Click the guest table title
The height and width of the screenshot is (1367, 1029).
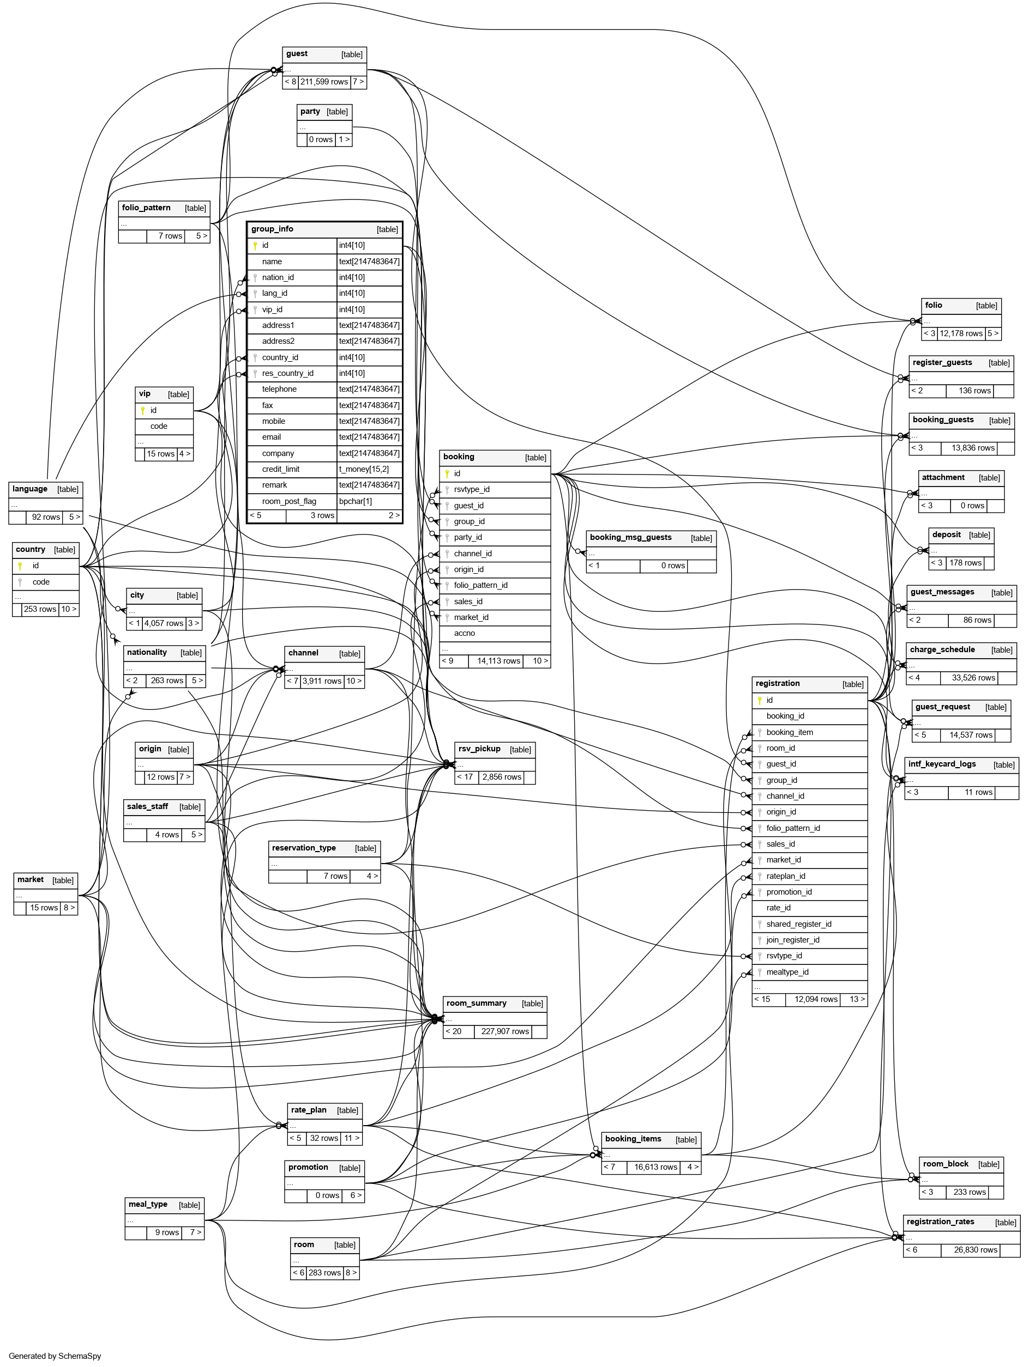(x=297, y=54)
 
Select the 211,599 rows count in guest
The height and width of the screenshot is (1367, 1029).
(x=324, y=82)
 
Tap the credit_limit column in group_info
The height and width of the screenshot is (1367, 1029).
(x=280, y=469)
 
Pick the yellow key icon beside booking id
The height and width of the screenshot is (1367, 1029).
(x=447, y=473)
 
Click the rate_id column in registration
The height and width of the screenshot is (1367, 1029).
(x=778, y=908)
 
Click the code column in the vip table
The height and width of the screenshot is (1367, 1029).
(x=158, y=426)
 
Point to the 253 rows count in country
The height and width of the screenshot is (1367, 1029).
(x=40, y=609)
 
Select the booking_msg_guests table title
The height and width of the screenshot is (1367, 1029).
(x=630, y=537)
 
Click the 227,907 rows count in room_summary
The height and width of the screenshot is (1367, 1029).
(x=504, y=1031)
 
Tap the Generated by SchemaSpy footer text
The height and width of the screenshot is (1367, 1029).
(x=55, y=1356)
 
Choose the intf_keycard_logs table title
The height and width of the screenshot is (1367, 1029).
(x=941, y=764)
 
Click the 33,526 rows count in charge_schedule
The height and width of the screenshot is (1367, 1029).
(x=973, y=678)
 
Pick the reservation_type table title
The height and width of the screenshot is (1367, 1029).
(x=304, y=848)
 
